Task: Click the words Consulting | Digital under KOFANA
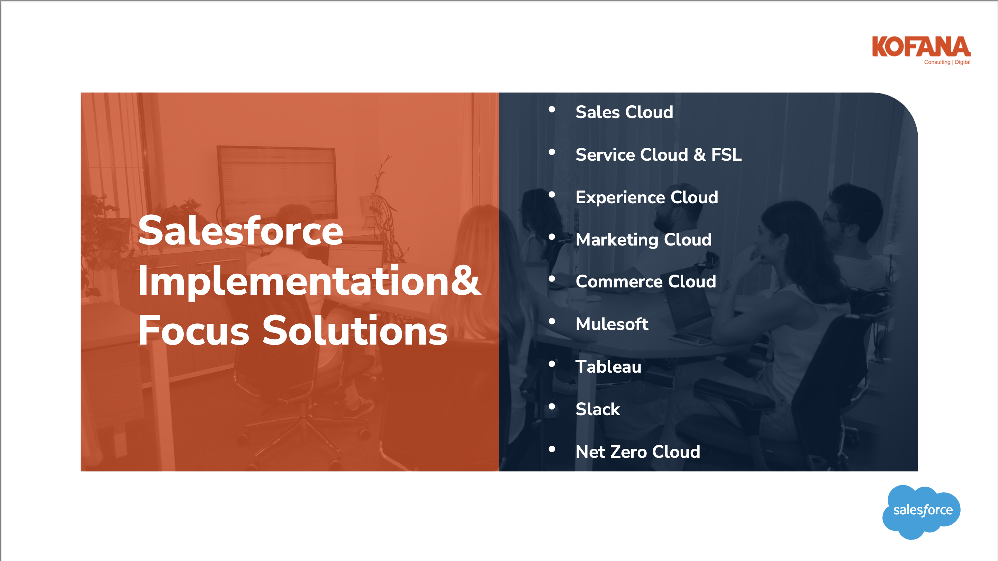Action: (x=947, y=62)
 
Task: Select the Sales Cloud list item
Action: (x=624, y=112)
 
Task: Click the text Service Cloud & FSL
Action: (x=659, y=154)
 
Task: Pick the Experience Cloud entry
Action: (x=647, y=197)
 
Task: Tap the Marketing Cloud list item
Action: (x=644, y=240)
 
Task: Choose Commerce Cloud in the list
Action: (x=646, y=282)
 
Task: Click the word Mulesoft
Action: (x=612, y=324)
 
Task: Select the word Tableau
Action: (x=608, y=366)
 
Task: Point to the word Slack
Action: (x=598, y=409)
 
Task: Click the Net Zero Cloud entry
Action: (x=638, y=452)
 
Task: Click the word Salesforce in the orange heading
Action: (x=241, y=231)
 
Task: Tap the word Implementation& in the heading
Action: (x=310, y=281)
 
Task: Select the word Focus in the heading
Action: (x=194, y=330)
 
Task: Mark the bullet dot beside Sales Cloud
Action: (x=552, y=110)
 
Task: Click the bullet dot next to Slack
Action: (x=552, y=407)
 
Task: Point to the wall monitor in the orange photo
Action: (x=276, y=181)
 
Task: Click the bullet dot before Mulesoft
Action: (x=552, y=321)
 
